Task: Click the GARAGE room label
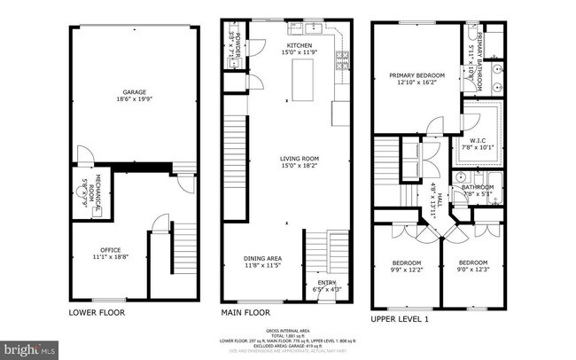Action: [134, 91]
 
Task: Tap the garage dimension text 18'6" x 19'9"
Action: [134, 100]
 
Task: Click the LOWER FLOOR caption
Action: [97, 312]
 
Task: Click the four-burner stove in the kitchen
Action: [340, 61]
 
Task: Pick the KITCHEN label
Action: [299, 44]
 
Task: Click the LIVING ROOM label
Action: [299, 159]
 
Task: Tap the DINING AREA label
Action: [265, 259]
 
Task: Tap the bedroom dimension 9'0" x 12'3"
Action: [472, 269]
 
